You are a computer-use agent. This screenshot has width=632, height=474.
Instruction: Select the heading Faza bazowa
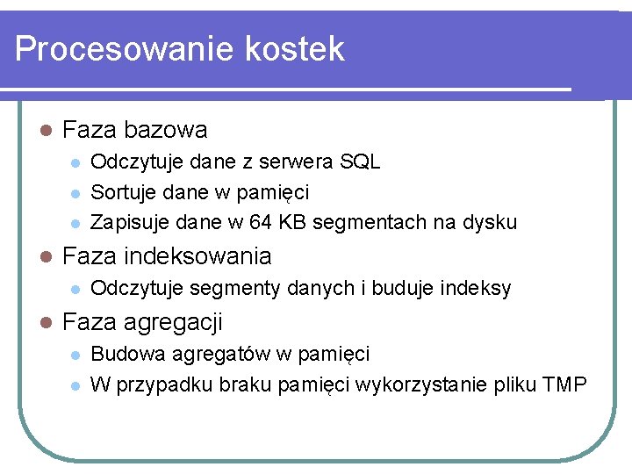(135, 130)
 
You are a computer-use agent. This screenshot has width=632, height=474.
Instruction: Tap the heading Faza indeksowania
(167, 256)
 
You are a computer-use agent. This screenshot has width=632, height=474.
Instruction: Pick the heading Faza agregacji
(142, 322)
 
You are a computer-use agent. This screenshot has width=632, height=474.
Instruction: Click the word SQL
(362, 162)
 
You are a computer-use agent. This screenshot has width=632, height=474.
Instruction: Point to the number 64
(261, 222)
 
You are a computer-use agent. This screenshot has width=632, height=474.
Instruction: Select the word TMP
(564, 384)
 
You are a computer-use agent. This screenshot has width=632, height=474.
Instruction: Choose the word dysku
(491, 222)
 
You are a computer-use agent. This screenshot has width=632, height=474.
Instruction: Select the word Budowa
(120, 354)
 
